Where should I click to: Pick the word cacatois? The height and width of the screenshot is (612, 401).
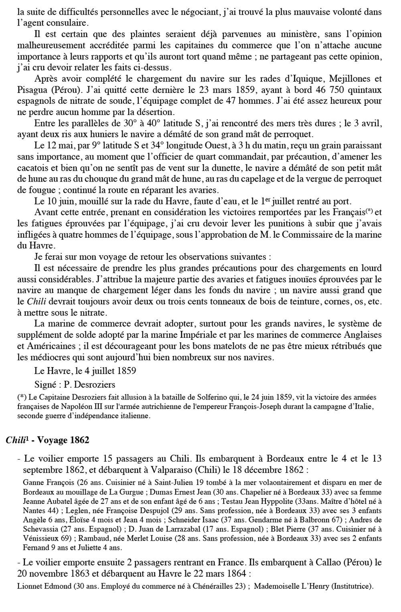(32, 168)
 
